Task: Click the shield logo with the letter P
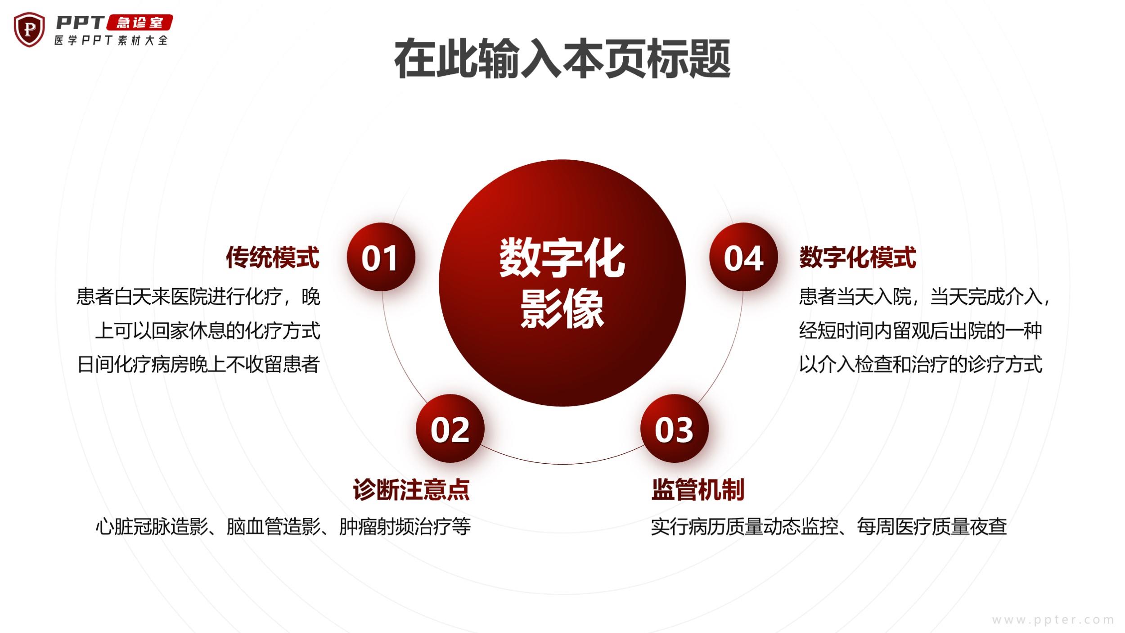[29, 30]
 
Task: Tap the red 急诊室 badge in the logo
[139, 23]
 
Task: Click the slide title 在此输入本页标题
[562, 59]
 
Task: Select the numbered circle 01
[381, 257]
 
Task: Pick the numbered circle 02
[450, 429]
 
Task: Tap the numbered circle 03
[674, 429]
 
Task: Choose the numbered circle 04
[743, 257]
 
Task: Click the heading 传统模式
[273, 258]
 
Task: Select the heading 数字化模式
[858, 258]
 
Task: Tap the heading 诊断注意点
[411, 490]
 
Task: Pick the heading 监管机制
[698, 490]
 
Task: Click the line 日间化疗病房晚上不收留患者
[198, 364]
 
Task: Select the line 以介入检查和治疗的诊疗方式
[921, 364]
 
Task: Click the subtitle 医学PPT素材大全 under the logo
[111, 41]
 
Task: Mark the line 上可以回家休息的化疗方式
[208, 331]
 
